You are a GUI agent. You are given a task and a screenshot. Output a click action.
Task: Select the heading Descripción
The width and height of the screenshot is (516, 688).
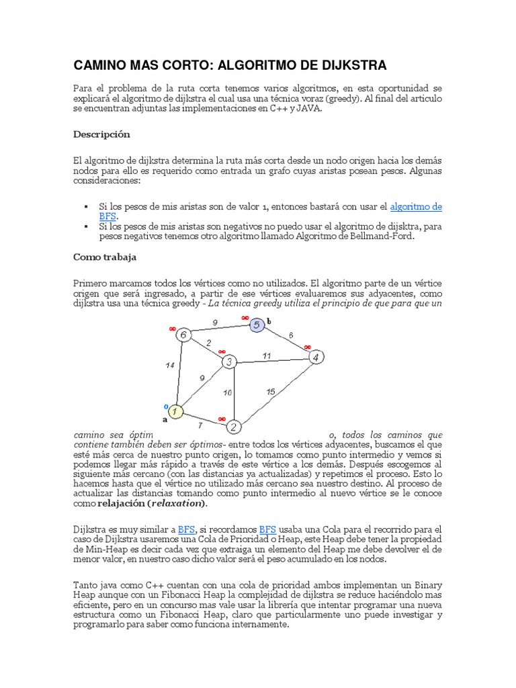coord(101,134)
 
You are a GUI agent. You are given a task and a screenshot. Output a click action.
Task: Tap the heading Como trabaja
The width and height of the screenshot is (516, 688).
coord(105,257)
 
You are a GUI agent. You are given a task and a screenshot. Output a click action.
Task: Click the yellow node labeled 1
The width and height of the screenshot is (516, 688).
coord(176,411)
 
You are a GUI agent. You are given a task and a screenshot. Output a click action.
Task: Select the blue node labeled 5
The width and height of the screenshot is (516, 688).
coord(257,325)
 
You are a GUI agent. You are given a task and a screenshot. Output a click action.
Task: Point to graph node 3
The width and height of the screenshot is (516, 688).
coord(229,362)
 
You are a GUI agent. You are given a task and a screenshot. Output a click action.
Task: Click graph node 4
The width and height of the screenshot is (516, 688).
coord(316,357)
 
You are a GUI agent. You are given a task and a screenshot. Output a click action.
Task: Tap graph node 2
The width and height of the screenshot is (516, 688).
coord(233,426)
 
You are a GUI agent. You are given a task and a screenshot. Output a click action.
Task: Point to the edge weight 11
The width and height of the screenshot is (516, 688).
coord(267,356)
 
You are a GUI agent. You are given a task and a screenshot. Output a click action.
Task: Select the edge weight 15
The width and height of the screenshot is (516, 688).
coord(269,391)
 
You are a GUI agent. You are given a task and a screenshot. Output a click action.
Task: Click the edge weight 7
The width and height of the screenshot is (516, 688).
coord(200,425)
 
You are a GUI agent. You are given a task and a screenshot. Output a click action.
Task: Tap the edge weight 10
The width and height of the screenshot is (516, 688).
coord(228,392)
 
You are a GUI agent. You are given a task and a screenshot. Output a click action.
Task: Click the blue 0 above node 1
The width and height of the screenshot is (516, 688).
coord(167,406)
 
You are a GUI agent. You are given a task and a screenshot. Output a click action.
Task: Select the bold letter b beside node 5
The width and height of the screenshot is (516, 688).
coord(269,322)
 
